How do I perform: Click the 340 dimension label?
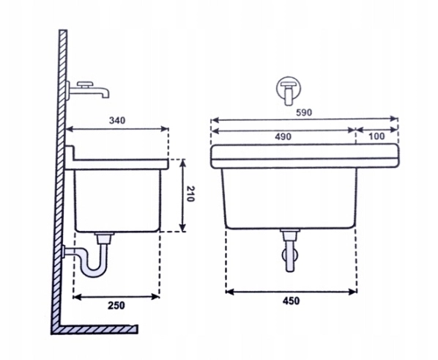pos(117,120)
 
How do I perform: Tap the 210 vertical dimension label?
pos(190,194)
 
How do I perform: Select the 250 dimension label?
pos(116,306)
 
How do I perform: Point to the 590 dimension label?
pos(304,112)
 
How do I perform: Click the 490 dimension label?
pos(283,137)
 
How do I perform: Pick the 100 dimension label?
pos(376,136)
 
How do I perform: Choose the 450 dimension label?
pos(291,301)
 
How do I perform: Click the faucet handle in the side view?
pos(85,84)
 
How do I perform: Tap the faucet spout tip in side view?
pos(106,96)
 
